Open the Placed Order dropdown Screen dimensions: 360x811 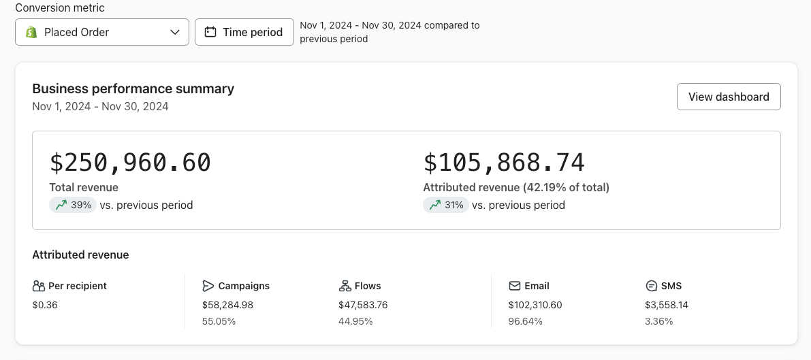(102, 32)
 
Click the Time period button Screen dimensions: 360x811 (244, 32)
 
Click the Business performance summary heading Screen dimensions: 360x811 (133, 88)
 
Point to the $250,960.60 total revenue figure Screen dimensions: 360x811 (130, 163)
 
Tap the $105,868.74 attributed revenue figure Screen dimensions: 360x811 (504, 163)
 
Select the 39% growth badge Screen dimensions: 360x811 (74, 205)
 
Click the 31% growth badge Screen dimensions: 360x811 (446, 205)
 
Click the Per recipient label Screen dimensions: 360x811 (77, 286)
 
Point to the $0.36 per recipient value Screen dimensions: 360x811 (45, 305)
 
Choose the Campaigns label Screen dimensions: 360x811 (244, 286)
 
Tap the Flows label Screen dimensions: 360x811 (368, 286)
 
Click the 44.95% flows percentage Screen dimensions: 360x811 (355, 321)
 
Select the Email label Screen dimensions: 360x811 (537, 286)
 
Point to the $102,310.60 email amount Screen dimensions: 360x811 (535, 305)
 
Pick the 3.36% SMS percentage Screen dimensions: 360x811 (658, 321)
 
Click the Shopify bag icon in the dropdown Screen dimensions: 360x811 (31, 32)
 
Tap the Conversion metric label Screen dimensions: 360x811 (60, 7)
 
